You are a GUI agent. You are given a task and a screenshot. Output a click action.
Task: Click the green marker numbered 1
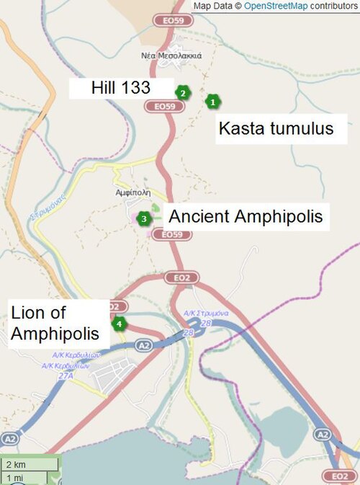pos(212,102)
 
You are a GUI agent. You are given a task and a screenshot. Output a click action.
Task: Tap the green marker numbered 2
pos(183,92)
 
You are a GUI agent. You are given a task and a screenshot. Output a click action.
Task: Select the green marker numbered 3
pos(144,218)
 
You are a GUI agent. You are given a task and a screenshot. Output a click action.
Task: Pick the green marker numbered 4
pos(119,324)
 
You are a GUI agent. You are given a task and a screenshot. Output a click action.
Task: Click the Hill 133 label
pos(120,88)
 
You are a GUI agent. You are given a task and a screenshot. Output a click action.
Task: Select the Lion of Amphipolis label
pos(55,324)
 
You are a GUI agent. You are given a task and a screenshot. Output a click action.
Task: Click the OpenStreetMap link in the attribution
pos(277,6)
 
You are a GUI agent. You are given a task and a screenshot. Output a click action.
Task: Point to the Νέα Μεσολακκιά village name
pos(171,55)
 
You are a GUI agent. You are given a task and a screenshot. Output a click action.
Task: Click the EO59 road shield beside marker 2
pos(160,107)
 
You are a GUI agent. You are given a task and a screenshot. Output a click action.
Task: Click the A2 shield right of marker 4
pos(144,346)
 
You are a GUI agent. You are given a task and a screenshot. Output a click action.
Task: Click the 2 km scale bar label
pos(14,464)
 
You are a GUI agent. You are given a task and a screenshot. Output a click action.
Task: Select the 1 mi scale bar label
pos(13,478)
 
